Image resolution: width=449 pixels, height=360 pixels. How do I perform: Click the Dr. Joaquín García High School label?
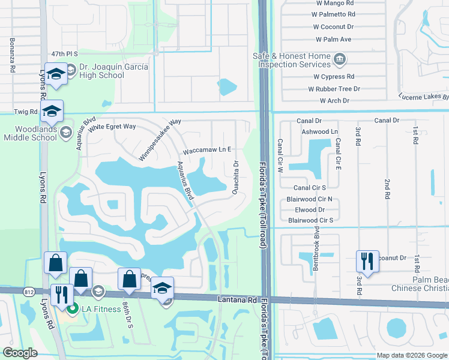pyautogui.click(x=112, y=71)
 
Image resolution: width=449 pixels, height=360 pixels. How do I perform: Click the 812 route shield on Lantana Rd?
pyautogui.click(x=29, y=292)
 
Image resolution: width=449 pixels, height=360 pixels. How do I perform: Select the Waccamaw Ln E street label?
pyautogui.click(x=207, y=149)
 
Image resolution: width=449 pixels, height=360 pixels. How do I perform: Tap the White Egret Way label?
pyautogui.click(x=112, y=127)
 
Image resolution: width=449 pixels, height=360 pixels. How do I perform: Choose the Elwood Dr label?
pyautogui.click(x=310, y=210)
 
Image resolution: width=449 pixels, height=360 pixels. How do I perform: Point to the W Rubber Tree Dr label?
pyautogui.click(x=334, y=89)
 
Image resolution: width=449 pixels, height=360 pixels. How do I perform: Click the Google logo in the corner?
pyautogui.click(x=20, y=353)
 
